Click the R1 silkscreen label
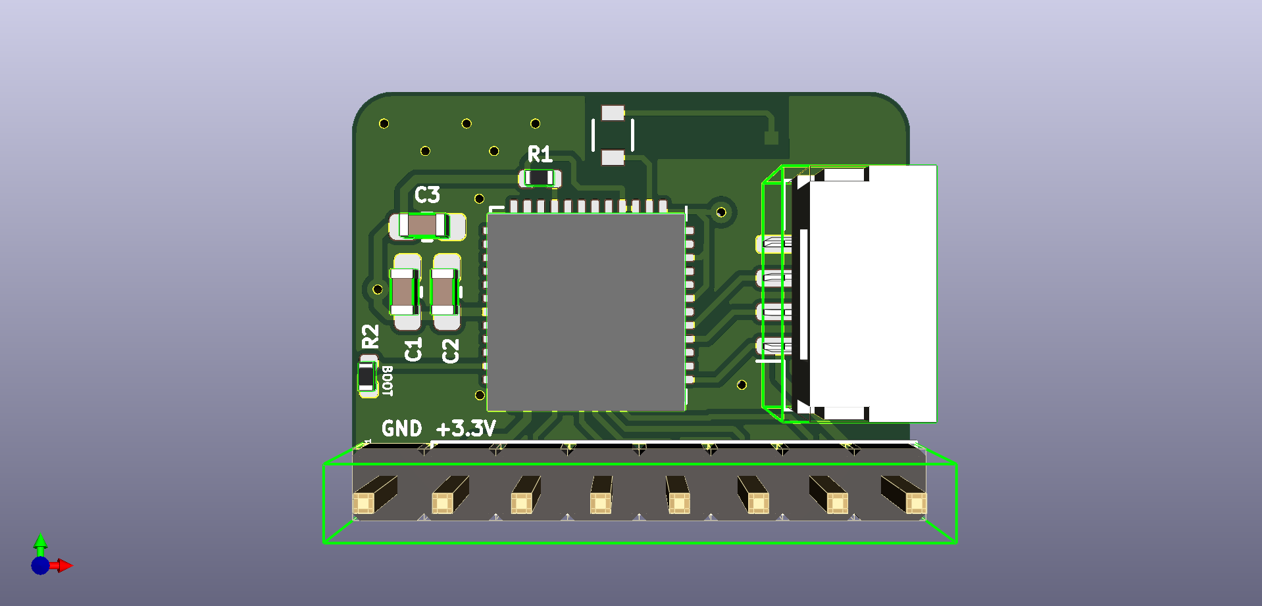(x=540, y=154)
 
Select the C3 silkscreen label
(x=427, y=195)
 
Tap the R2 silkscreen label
(x=370, y=336)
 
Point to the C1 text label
(x=413, y=350)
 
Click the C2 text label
(x=451, y=351)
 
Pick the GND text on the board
(x=401, y=429)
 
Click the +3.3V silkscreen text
(x=466, y=429)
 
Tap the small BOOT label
(x=388, y=381)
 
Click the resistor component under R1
(x=540, y=177)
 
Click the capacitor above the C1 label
(x=404, y=292)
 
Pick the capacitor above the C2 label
(x=444, y=292)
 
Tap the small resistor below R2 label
(x=367, y=377)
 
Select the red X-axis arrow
(x=64, y=565)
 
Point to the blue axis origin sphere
(x=40, y=566)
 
